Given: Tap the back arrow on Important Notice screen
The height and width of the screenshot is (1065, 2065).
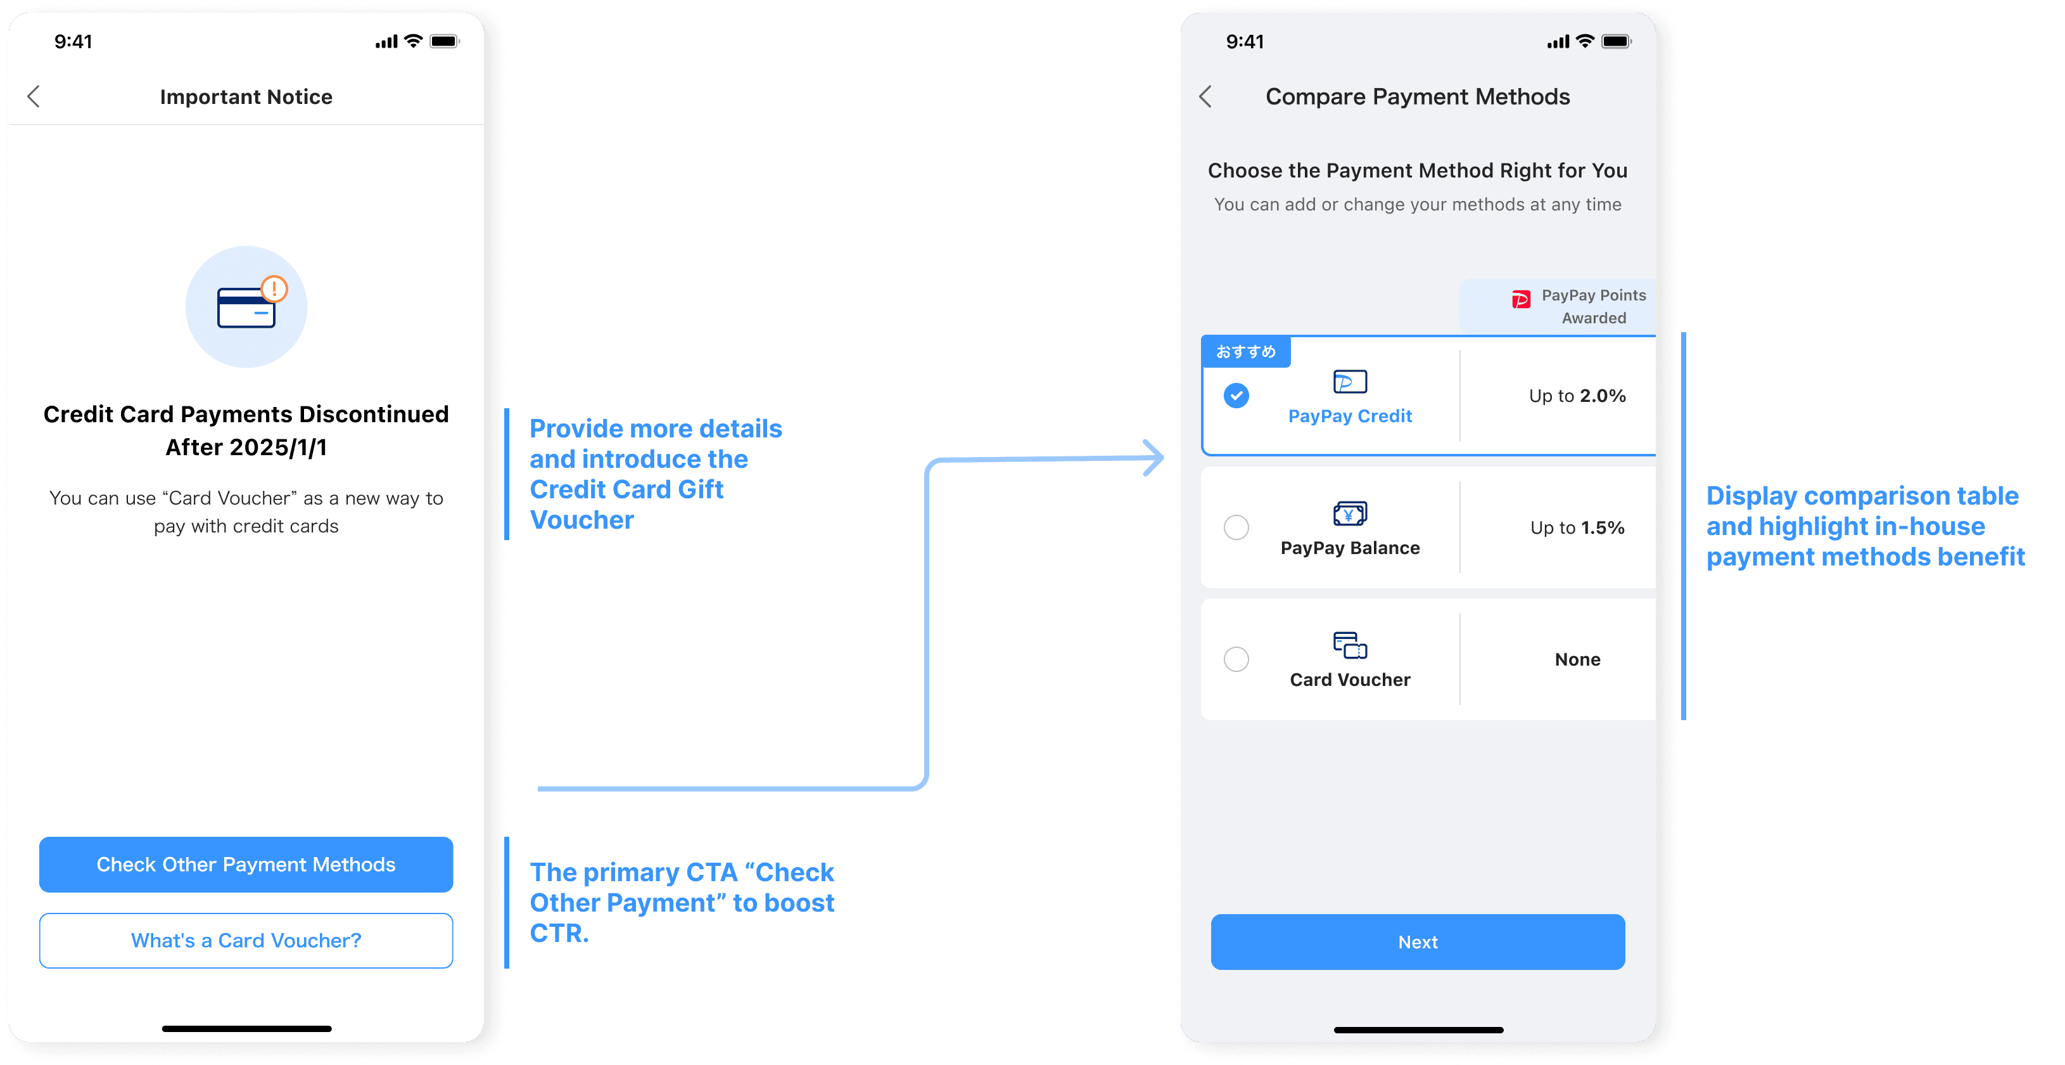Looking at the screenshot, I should pos(34,97).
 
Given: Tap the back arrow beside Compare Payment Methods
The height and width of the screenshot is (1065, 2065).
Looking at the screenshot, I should pos(1205,97).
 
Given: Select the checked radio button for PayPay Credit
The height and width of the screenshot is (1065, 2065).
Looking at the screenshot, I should pos(1236,396).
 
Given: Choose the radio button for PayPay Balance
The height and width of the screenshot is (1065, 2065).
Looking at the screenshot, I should pos(1236,527).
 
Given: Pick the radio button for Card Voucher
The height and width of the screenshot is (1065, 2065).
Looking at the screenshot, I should pos(1236,659).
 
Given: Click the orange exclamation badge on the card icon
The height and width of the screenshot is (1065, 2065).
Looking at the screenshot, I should pos(274,288).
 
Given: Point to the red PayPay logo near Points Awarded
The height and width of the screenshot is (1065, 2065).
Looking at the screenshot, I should pos(1520,300).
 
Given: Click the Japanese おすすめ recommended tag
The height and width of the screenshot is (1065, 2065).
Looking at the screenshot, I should pos(1245,352).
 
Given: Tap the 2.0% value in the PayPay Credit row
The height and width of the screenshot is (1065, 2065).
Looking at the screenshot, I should pos(1602,396).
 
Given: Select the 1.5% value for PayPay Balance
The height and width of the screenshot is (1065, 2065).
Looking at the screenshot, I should pos(1602,527).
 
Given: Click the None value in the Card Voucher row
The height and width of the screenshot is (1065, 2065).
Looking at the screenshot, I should pos(1577,659).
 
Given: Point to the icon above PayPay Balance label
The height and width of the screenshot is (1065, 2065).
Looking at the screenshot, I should pos(1350,513).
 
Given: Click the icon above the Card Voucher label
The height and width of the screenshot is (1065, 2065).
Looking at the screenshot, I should pos(1350,645).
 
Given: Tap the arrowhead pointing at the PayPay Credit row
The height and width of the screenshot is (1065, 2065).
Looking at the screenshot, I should pos(1154,458).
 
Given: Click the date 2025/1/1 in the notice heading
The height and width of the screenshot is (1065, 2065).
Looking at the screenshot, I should pos(278,448).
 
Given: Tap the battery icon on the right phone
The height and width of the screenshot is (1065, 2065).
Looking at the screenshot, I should pos(1615,42).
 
